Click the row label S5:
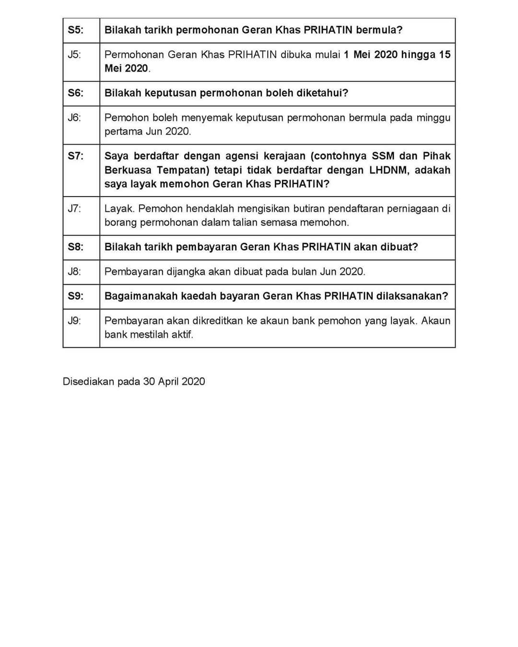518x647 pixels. [x=75, y=30]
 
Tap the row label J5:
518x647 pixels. [x=74, y=55]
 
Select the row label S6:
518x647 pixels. [x=75, y=93]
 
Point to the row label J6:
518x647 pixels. [x=74, y=117]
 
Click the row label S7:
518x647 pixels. [x=75, y=156]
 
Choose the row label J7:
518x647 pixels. [x=74, y=208]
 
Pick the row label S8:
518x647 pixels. [x=75, y=247]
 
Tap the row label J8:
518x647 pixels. [x=74, y=271]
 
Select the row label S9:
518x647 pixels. [x=75, y=296]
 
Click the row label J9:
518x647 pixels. [x=74, y=320]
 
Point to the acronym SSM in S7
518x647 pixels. [x=383, y=156]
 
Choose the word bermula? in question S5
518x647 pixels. [x=379, y=30]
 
